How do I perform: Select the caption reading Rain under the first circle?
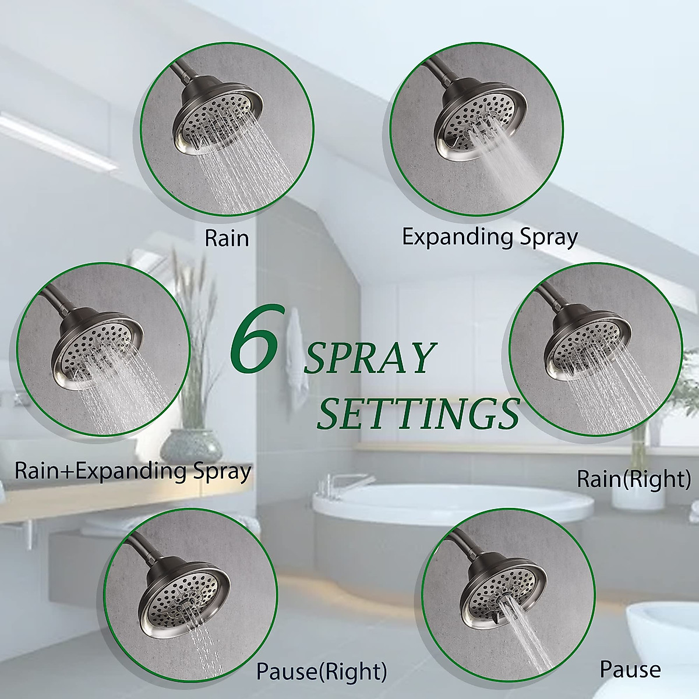[x=227, y=238]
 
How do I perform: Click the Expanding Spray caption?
[x=490, y=237]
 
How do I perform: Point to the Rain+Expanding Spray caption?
[x=133, y=471]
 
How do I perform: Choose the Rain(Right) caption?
[x=633, y=479]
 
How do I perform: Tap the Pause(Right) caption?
[x=322, y=672]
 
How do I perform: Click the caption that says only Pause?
[x=630, y=670]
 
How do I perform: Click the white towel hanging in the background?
[x=298, y=349]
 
